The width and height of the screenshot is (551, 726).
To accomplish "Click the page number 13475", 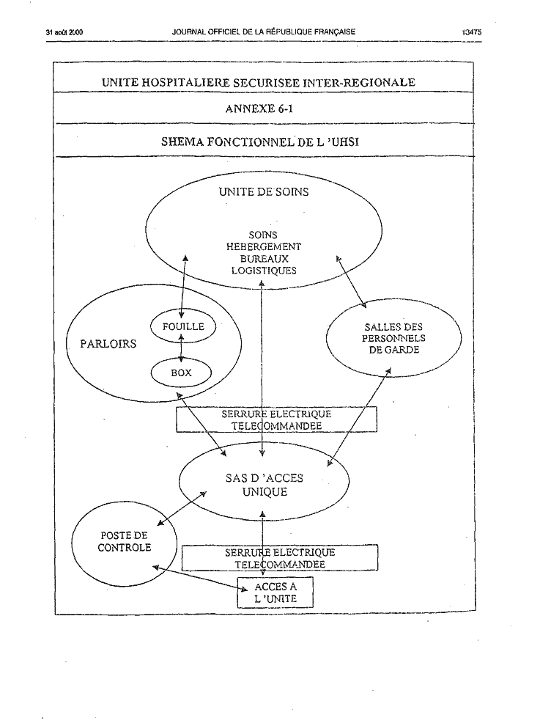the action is pyautogui.click(x=471, y=32).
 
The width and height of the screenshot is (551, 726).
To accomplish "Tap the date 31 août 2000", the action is pyautogui.click(x=64, y=32).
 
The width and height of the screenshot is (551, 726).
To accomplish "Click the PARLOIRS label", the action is pyautogui.click(x=108, y=343).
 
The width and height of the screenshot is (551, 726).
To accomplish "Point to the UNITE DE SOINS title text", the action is pyautogui.click(x=264, y=191).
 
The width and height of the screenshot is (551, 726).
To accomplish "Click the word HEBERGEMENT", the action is pyautogui.click(x=264, y=247).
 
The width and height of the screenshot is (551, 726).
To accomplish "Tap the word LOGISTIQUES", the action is pyautogui.click(x=264, y=271).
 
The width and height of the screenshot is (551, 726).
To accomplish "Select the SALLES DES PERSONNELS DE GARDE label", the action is pyautogui.click(x=393, y=339).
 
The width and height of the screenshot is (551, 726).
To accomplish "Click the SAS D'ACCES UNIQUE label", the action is pyautogui.click(x=265, y=485).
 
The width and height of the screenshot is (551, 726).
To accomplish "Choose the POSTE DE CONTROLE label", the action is pyautogui.click(x=124, y=541).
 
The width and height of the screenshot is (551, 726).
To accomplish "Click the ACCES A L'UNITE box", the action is pyautogui.click(x=275, y=593).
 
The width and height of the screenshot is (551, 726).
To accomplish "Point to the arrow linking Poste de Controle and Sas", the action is pyautogui.click(x=182, y=508).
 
